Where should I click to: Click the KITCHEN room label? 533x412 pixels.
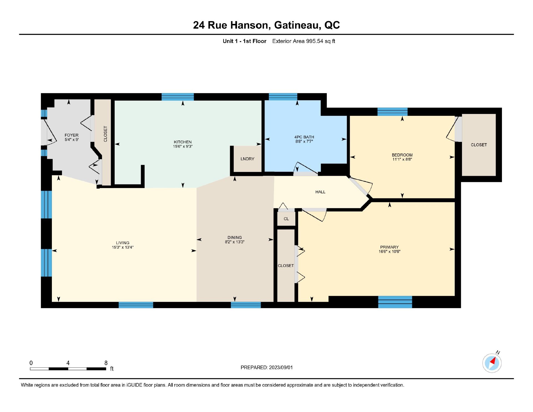[183, 142]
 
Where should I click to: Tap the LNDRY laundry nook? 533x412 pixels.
[247, 159]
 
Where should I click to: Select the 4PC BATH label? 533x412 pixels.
[304, 137]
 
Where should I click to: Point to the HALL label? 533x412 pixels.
[320, 192]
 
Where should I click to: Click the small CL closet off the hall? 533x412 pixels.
[286, 219]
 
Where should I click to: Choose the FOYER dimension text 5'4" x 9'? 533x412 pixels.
[72, 139]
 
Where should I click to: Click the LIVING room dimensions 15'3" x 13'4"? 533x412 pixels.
[123, 247]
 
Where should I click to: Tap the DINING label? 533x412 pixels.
[235, 238]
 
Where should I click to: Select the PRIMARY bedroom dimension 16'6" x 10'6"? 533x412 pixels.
[389, 252]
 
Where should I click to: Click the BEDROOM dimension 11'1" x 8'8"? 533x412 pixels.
[402, 159]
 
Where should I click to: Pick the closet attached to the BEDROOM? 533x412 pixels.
[479, 145]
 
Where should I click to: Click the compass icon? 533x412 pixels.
[492, 363]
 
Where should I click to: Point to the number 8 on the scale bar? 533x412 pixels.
[106, 363]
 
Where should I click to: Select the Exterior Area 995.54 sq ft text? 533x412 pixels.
[304, 41]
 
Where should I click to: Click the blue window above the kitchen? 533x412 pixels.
[178, 97]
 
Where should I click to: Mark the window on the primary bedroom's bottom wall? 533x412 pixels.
[395, 302]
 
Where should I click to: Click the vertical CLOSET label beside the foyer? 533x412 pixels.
[105, 134]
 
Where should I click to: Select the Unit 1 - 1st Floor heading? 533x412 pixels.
[245, 41]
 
